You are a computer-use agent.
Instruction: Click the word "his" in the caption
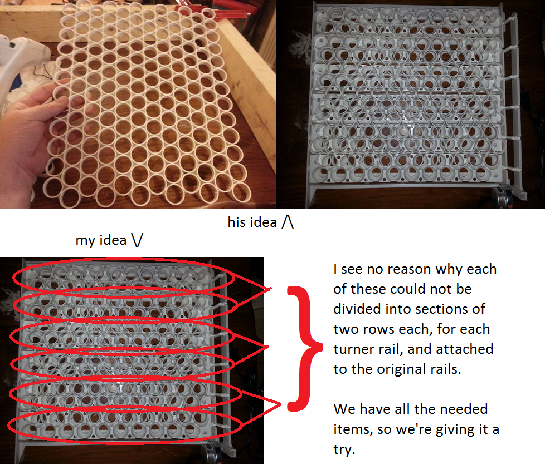point(238,222)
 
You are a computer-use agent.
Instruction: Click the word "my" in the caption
point(84,240)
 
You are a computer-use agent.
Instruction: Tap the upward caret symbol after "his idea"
point(288,222)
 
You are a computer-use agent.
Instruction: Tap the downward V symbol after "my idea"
point(137,240)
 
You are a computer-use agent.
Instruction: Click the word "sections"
point(435,309)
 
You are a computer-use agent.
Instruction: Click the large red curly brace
point(303,348)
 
